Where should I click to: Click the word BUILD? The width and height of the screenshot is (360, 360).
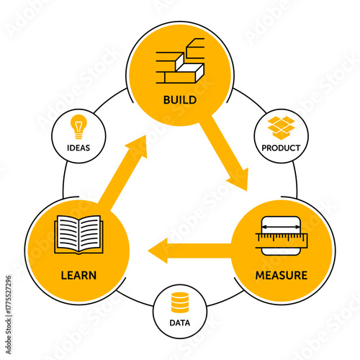(x=179, y=99)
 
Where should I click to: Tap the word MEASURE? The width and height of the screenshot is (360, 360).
(x=281, y=275)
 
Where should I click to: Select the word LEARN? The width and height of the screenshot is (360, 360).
(x=78, y=275)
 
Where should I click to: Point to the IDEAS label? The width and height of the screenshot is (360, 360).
(x=78, y=149)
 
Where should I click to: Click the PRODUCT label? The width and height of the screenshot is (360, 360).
(x=281, y=149)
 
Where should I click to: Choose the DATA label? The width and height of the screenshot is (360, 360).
(x=179, y=323)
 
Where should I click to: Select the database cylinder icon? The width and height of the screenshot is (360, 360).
(x=179, y=301)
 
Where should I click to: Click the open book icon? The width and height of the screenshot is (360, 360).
(x=78, y=234)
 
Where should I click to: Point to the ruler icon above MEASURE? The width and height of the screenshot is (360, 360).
(x=281, y=235)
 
